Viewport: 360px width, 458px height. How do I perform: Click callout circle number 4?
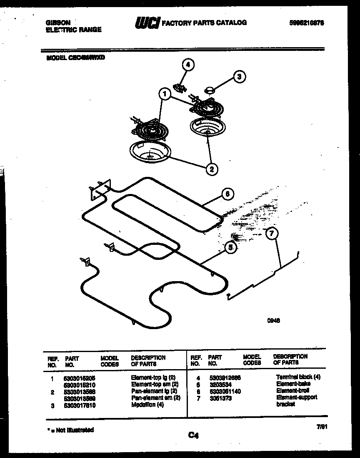(188, 65)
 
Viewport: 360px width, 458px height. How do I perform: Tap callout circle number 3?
(239, 76)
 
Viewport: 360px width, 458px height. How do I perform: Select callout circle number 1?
(165, 95)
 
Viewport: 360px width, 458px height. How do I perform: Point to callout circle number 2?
(212, 169)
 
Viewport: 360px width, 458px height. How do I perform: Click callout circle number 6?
(227, 194)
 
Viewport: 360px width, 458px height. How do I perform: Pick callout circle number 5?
(230, 247)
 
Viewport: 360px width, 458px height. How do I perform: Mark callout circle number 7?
(271, 234)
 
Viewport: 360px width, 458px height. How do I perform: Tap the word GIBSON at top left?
(57, 23)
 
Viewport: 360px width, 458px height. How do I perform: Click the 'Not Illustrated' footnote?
(69, 430)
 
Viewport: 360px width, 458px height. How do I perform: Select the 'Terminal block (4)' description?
(298, 377)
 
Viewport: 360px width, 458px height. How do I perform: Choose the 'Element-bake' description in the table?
(293, 384)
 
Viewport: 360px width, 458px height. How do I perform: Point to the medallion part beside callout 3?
(210, 89)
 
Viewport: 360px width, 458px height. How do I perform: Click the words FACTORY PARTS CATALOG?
(204, 23)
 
